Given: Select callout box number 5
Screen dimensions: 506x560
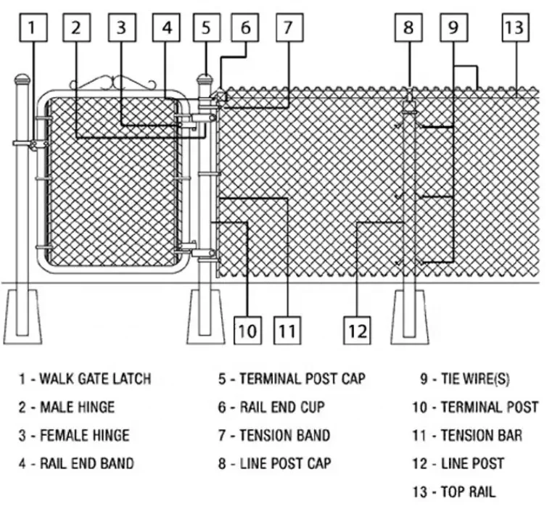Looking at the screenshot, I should pos(206,28).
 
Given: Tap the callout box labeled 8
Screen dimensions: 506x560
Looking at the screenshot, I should pos(409,28).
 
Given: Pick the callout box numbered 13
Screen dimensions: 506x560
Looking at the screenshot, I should pos(514,28).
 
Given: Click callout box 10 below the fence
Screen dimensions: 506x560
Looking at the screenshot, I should pos(248,331).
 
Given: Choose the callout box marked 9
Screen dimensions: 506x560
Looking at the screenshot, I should pos(453,28).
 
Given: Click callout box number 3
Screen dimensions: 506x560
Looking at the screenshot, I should pos(122,28).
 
